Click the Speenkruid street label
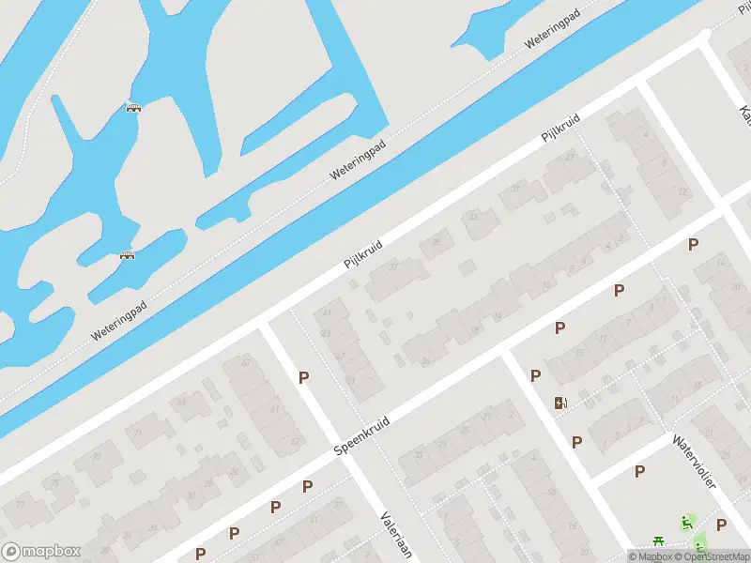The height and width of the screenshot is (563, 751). pyautogui.click(x=363, y=437)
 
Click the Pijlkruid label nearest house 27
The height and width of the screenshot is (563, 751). pyautogui.click(x=560, y=129)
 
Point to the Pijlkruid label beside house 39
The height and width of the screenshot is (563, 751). pyautogui.click(x=364, y=251)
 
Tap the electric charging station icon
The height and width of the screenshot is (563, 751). pyautogui.click(x=561, y=403)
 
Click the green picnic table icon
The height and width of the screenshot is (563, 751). pyautogui.click(x=659, y=541)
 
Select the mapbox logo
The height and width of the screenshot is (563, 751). pyautogui.click(x=40, y=551)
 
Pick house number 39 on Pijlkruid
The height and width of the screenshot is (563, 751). pyautogui.click(x=393, y=266)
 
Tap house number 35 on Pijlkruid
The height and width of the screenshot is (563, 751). pyautogui.click(x=435, y=243)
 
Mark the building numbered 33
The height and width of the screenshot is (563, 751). pyautogui.click(x=473, y=217)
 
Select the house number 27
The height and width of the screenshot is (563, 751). pyautogui.click(x=569, y=157)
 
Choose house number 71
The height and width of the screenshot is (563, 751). pyautogui.click(x=137, y=433)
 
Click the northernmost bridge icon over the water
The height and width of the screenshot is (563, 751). pyautogui.click(x=134, y=108)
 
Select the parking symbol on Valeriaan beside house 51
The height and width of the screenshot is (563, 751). pyautogui.click(x=303, y=377)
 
